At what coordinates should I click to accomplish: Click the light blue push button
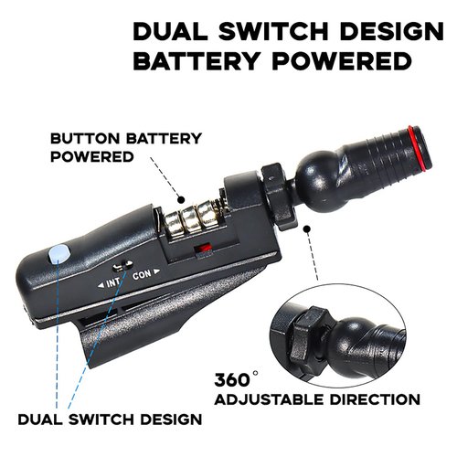click(59, 254)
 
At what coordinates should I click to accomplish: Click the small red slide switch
click(203, 248)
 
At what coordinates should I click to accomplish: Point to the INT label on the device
click(111, 283)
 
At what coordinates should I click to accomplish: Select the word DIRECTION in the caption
click(375, 399)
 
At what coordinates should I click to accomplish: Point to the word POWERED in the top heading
click(342, 60)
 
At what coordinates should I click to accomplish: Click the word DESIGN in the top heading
click(392, 31)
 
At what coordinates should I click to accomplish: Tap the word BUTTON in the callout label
click(85, 139)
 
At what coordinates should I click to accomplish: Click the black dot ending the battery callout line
click(181, 200)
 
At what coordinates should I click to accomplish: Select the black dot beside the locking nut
click(306, 229)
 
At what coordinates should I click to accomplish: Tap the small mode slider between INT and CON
click(122, 266)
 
